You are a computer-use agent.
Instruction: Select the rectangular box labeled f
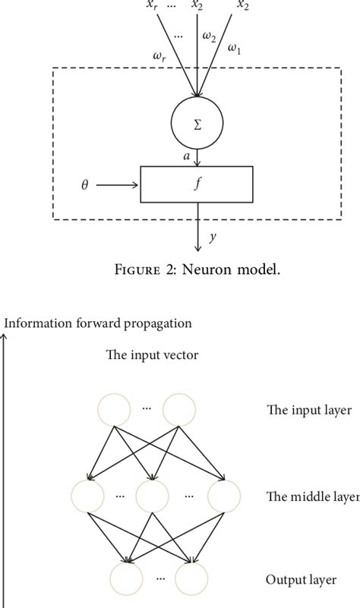pyautogui.click(x=197, y=184)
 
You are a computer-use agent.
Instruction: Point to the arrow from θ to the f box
pyautogui.click(x=118, y=184)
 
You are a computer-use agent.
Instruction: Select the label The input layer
pyautogui.click(x=309, y=411)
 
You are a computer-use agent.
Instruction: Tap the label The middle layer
pyautogui.click(x=312, y=497)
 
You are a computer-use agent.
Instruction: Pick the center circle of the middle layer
pyautogui.click(x=153, y=497)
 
